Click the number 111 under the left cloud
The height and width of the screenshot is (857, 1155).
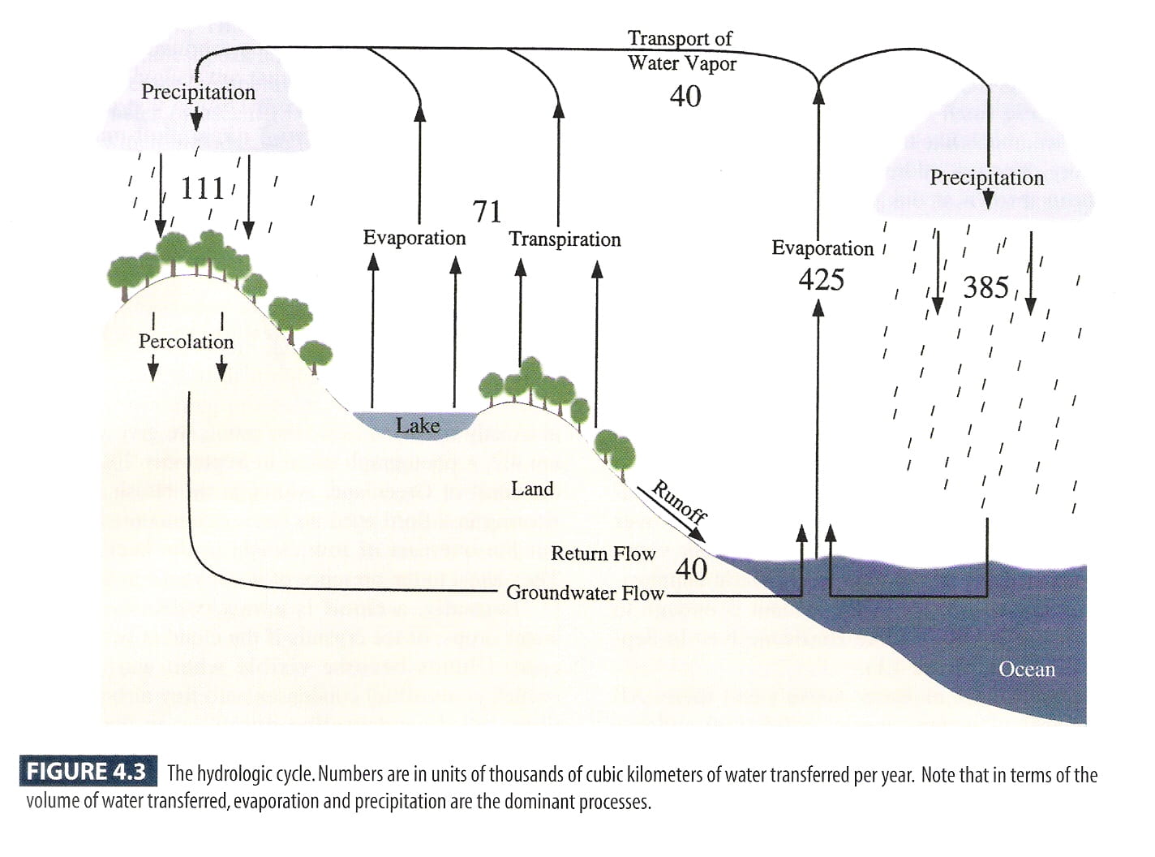202,188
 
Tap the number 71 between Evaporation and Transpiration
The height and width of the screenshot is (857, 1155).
487,212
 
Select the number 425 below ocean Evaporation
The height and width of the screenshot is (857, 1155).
821,280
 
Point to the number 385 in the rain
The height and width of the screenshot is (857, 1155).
986,287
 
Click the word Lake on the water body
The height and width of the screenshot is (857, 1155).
418,425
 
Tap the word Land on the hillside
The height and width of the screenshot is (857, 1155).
532,489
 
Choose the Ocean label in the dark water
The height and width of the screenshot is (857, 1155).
1027,670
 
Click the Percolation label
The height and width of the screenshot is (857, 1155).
186,342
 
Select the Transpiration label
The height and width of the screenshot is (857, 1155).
565,239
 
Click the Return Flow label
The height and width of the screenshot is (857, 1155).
603,553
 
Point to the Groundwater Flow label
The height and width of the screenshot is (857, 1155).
585,592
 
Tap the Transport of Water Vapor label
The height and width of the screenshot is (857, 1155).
682,50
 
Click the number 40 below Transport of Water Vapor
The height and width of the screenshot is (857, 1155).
685,97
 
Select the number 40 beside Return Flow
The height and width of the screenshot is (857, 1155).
691,569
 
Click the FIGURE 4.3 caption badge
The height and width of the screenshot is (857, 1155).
87,771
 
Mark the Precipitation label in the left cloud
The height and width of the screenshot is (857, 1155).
198,93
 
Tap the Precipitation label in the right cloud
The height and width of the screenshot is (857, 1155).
986,178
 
